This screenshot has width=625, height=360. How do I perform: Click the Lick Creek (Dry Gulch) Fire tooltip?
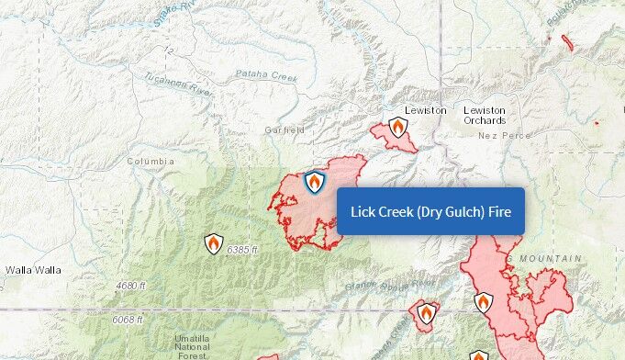[430, 211]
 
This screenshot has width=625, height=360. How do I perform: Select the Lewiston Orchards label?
[485, 116]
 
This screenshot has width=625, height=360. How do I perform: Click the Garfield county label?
[285, 130]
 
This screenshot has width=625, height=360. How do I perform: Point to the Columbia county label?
[151, 162]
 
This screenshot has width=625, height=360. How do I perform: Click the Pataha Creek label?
[267, 76]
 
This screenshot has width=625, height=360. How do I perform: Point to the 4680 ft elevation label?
[130, 287]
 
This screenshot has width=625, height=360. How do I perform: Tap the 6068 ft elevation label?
[128, 320]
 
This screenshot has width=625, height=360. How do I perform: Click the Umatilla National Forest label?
[193, 344]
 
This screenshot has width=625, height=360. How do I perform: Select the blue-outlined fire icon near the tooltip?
[315, 182]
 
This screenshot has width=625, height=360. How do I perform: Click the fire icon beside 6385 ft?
[213, 243]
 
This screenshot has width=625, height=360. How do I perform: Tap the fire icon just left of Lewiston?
[397, 127]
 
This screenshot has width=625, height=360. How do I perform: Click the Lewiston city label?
[426, 110]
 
